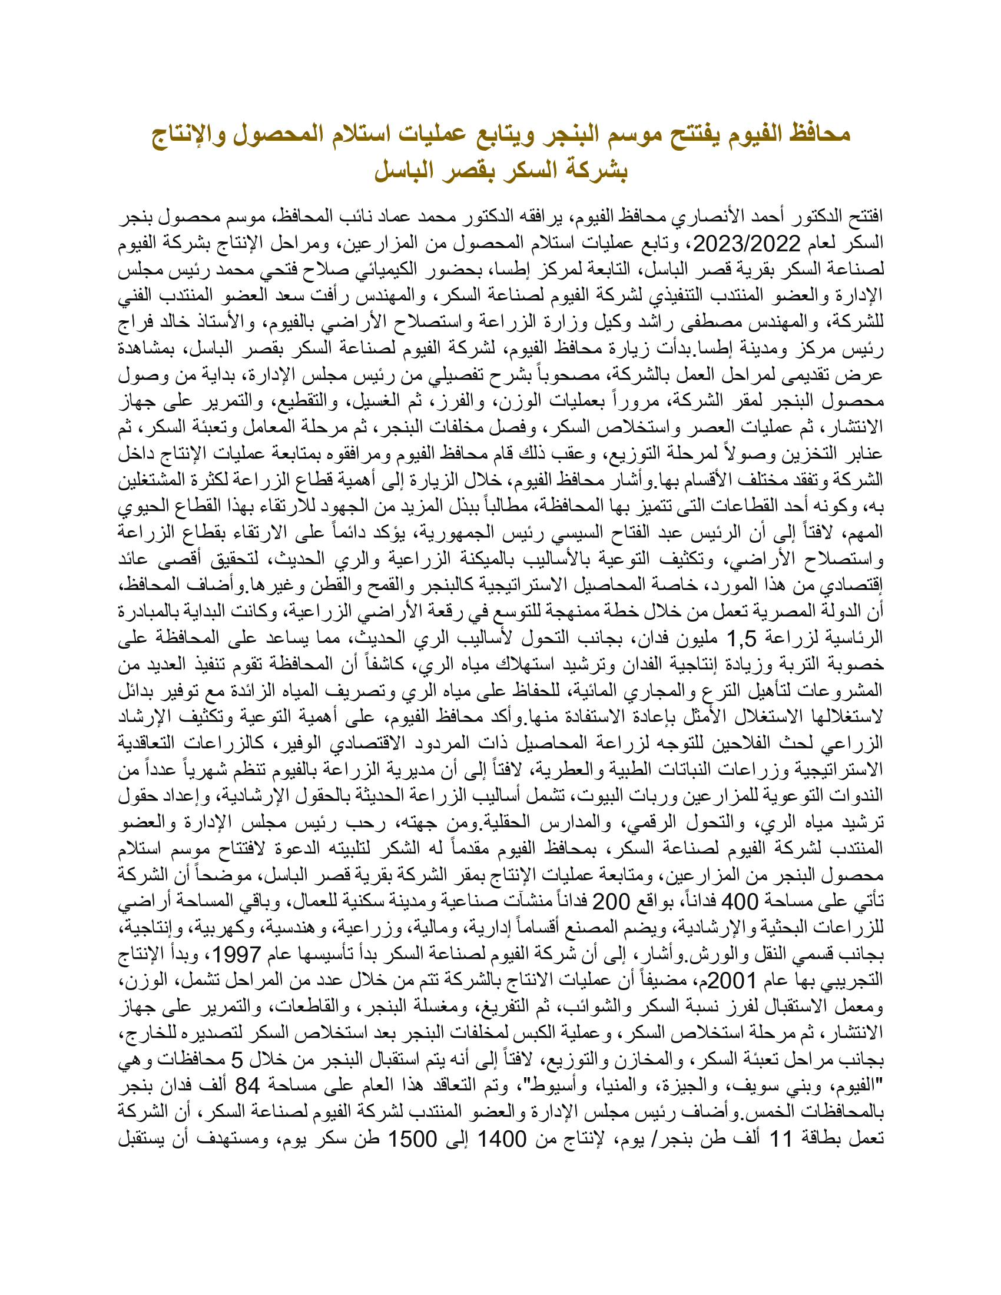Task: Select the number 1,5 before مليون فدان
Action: point(742,639)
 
